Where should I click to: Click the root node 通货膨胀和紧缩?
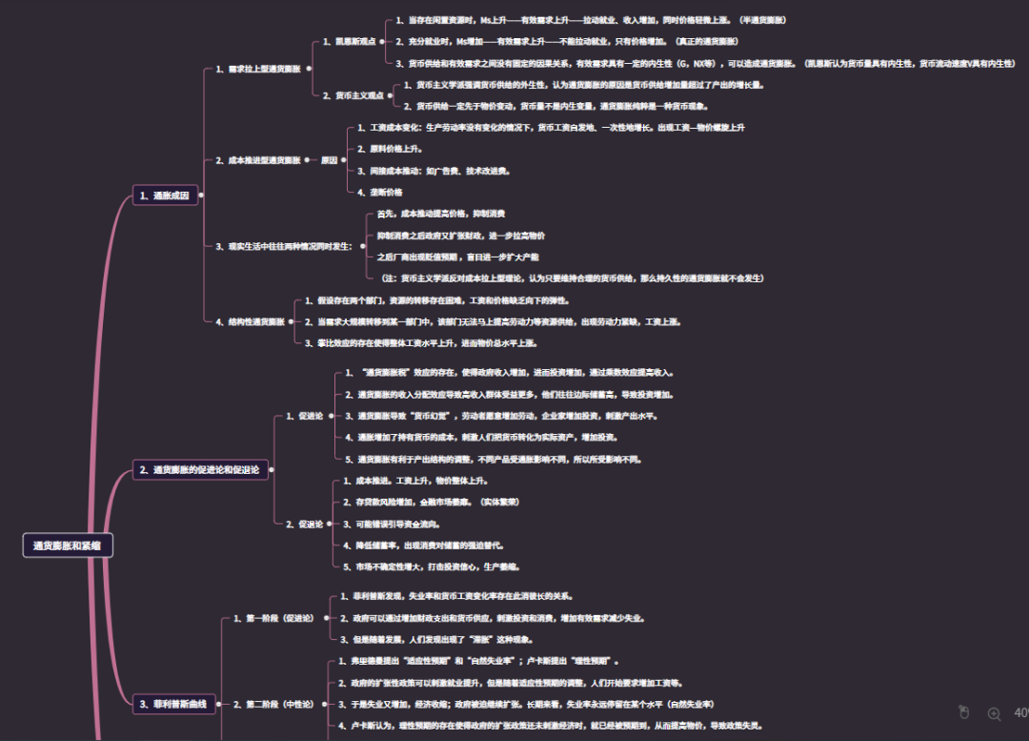pyautogui.click(x=68, y=545)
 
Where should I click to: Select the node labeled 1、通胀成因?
pyautogui.click(x=164, y=196)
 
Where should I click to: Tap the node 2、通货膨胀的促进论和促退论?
pyautogui.click(x=199, y=469)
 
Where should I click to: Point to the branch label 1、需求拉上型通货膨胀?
pyautogui.click(x=257, y=69)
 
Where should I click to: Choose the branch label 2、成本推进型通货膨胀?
pyautogui.click(x=257, y=160)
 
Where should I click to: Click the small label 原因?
pyautogui.click(x=329, y=160)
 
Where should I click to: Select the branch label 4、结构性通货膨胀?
pyautogui.click(x=251, y=321)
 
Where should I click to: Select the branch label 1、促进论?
pyautogui.click(x=305, y=416)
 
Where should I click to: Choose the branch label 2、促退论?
pyautogui.click(x=305, y=524)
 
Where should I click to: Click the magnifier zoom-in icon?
pyautogui.click(x=994, y=713)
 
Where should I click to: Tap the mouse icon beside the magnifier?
pyautogui.click(x=963, y=712)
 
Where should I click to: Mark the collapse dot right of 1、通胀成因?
pyautogui.click(x=200, y=196)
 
